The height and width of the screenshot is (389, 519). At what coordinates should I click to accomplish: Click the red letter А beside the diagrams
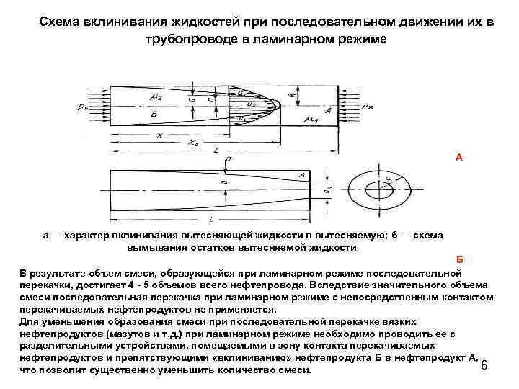459,156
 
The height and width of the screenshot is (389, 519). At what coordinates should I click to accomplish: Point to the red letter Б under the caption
459,259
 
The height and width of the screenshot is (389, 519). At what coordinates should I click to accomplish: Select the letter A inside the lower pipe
301,175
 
